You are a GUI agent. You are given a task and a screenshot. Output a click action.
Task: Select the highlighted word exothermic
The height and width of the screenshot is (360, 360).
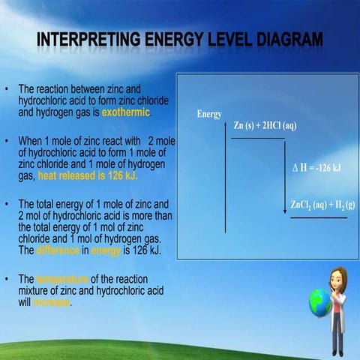pyautogui.click(x=125, y=112)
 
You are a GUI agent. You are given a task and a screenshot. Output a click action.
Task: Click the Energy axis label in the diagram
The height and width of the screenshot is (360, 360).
pyautogui.click(x=208, y=115)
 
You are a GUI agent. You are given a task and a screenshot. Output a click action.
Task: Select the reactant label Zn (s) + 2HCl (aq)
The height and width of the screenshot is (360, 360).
pyautogui.click(x=265, y=125)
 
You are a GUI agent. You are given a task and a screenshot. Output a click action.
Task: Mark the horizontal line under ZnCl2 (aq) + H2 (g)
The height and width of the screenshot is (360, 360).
pyautogui.click(x=318, y=217)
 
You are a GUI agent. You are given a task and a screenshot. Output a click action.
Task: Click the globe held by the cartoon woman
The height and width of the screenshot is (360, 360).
pyautogui.click(x=319, y=302)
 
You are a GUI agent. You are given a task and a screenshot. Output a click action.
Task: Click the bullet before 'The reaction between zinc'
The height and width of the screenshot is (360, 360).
pyautogui.click(x=7, y=88)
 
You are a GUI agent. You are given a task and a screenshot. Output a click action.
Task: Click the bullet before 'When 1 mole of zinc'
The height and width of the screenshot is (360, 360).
pyautogui.click(x=7, y=141)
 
